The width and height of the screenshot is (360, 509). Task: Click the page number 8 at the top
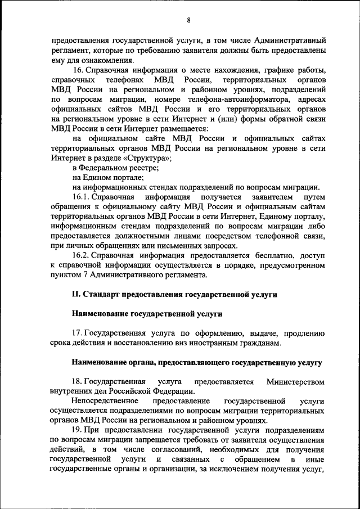coord(188,20)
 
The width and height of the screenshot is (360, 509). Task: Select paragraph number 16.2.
coord(83,255)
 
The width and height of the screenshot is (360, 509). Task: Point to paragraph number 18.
coord(78,382)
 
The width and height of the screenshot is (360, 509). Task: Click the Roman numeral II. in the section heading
coord(77,294)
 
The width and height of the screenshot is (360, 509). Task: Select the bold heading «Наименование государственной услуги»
coord(147,313)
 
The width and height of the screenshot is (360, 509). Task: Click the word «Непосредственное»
coord(105,401)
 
